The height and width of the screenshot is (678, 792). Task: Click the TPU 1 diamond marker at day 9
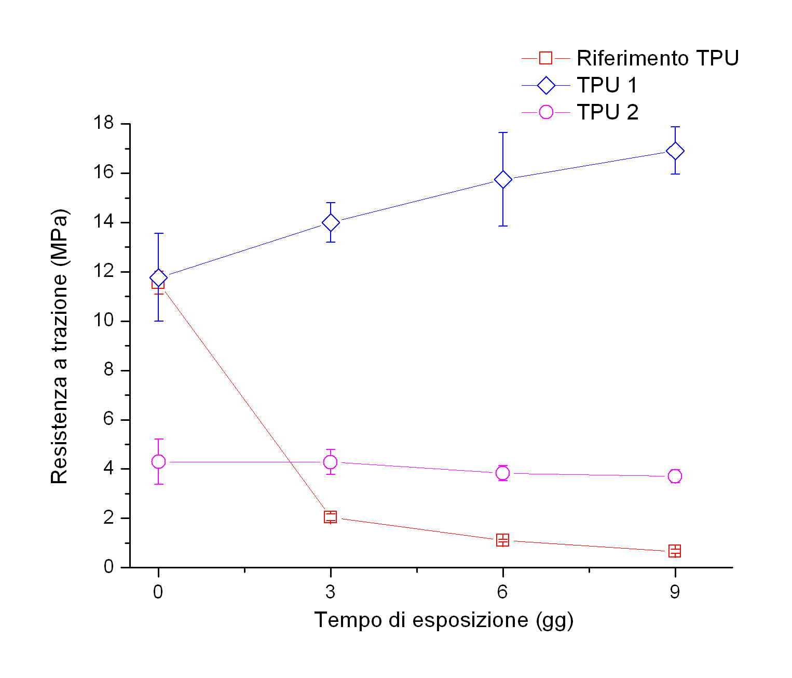(675, 151)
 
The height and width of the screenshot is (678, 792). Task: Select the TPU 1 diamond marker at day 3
(331, 223)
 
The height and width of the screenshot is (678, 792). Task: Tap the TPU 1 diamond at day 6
(502, 180)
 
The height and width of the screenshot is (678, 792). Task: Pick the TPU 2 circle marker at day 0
(158, 461)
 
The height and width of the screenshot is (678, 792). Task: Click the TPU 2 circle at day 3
(331, 462)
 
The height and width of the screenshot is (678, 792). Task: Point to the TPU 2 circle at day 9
(675, 476)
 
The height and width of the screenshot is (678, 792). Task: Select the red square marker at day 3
(331, 517)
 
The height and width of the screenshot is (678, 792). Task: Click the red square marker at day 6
(502, 540)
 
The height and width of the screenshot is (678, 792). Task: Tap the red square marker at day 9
(675, 551)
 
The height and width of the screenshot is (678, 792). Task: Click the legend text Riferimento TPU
(658, 58)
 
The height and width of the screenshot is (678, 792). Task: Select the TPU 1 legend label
(607, 85)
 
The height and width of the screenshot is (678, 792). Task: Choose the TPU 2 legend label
(607, 112)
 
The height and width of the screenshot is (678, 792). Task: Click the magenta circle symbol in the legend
(546, 112)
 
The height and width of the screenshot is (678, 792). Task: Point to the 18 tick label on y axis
(103, 124)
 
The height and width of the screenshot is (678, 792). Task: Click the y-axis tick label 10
(103, 321)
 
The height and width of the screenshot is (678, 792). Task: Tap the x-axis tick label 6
(502, 592)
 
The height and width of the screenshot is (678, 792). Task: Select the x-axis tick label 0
(158, 592)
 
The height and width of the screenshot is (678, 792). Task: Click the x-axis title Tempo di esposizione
(444, 620)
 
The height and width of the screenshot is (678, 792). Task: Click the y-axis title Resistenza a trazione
(59, 346)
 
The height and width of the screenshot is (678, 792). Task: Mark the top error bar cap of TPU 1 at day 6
(502, 132)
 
